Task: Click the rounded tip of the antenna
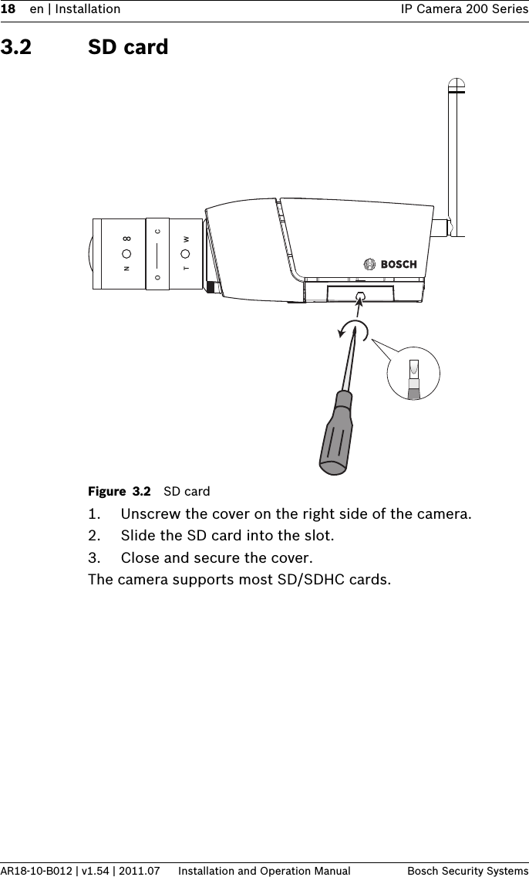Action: click(457, 85)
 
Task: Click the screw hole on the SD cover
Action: click(359, 296)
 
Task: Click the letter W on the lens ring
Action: click(186, 239)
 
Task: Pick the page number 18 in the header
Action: click(8, 9)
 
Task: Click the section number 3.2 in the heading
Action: click(16, 48)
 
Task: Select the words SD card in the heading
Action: click(128, 48)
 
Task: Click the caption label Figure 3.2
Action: click(120, 491)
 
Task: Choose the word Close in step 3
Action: click(140, 557)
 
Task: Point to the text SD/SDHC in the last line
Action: click(309, 579)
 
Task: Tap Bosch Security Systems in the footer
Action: click(467, 871)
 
